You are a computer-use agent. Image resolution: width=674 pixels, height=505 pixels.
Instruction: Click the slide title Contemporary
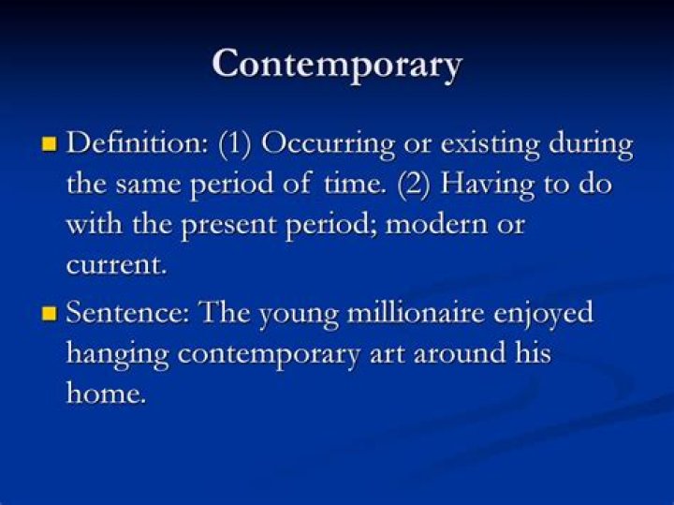[x=337, y=65]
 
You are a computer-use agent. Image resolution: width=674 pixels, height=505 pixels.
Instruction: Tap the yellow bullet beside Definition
[x=50, y=143]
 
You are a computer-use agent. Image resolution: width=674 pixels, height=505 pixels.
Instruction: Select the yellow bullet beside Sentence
[x=50, y=313]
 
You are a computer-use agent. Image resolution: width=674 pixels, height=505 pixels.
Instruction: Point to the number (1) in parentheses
[x=234, y=144]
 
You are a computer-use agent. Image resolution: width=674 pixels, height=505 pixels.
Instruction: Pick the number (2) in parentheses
[x=414, y=185]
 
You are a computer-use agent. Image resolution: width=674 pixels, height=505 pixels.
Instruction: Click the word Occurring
[x=328, y=145]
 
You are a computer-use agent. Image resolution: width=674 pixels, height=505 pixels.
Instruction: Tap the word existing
[x=490, y=145]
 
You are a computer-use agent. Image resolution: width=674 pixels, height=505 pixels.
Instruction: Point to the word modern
[x=436, y=225]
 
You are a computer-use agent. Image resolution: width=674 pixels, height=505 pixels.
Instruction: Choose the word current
[x=116, y=265]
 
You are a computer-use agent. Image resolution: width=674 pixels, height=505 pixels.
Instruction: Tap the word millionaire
[x=416, y=312]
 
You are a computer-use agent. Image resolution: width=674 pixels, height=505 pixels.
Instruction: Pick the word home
[x=106, y=393]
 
